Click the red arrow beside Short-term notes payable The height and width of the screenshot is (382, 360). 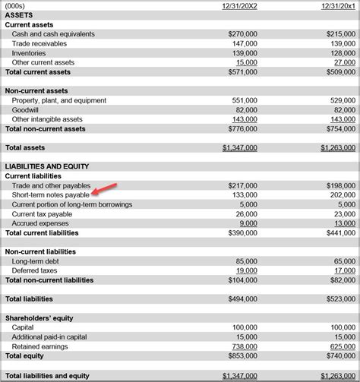tap(109, 187)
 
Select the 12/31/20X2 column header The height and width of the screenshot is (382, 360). tap(239, 6)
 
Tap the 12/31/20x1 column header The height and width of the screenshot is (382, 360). tap(337, 6)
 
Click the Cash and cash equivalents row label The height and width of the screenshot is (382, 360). tap(53, 34)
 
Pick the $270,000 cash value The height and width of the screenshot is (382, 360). tap(242, 34)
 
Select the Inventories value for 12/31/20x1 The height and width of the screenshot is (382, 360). tap(343, 53)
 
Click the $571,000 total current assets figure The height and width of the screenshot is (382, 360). tap(242, 72)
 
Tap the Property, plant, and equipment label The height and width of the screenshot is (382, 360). tap(58, 101)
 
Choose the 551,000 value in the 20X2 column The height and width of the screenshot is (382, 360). tap(245, 101)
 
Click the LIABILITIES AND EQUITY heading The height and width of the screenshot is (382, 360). tap(46, 166)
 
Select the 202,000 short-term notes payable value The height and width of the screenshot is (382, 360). tap(343, 195)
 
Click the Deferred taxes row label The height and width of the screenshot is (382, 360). tap(35, 270)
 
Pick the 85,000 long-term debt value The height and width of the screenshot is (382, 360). tap(247, 261)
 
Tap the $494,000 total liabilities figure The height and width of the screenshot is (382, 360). tap(242, 299)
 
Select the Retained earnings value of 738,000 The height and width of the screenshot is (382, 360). tap(245, 346)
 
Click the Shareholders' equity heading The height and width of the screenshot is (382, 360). tap(39, 318)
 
